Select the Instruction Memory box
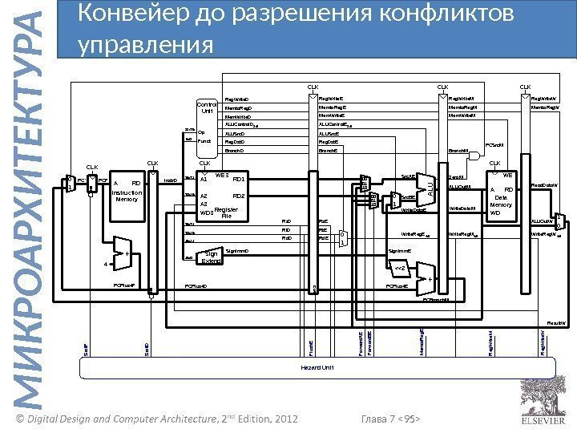(126, 192)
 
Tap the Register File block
(226, 196)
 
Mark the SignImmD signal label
(238, 250)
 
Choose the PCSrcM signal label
(495, 145)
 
